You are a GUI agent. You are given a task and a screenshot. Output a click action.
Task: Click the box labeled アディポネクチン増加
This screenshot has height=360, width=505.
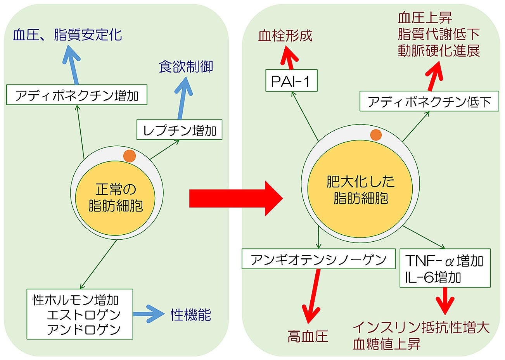[x=77, y=95]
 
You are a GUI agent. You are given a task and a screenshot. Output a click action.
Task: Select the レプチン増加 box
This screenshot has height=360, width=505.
[x=179, y=130]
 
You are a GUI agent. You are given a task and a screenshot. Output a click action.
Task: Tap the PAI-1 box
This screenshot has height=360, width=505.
[x=291, y=81]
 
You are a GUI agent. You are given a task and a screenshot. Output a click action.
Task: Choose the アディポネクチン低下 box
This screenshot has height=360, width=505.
[x=429, y=102]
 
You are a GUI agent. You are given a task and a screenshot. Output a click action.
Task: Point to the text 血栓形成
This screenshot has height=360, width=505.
[x=285, y=36]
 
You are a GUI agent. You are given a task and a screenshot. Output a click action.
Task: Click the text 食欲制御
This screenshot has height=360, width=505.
[x=186, y=67]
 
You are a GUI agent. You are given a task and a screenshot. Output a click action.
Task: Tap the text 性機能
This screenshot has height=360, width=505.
[x=190, y=315]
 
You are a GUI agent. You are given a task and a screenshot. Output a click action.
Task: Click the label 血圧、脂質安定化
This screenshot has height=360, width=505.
[x=67, y=35]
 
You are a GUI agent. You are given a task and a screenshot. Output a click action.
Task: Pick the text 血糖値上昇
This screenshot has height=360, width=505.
[x=386, y=344]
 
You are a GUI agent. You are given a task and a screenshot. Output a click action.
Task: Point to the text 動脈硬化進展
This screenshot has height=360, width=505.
[x=439, y=51]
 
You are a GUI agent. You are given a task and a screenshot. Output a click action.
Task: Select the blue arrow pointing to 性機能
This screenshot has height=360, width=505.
[x=149, y=314]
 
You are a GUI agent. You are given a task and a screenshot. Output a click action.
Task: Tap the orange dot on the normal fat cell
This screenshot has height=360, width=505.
[x=130, y=156]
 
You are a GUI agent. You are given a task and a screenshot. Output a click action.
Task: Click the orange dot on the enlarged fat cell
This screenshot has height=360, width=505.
[x=375, y=135]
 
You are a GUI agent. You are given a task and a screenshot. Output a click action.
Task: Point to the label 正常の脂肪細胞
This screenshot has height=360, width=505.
[x=115, y=198]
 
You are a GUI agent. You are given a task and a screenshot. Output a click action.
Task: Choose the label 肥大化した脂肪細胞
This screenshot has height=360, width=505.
[x=360, y=190]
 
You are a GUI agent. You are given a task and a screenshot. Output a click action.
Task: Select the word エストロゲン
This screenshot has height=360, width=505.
[x=84, y=314]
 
